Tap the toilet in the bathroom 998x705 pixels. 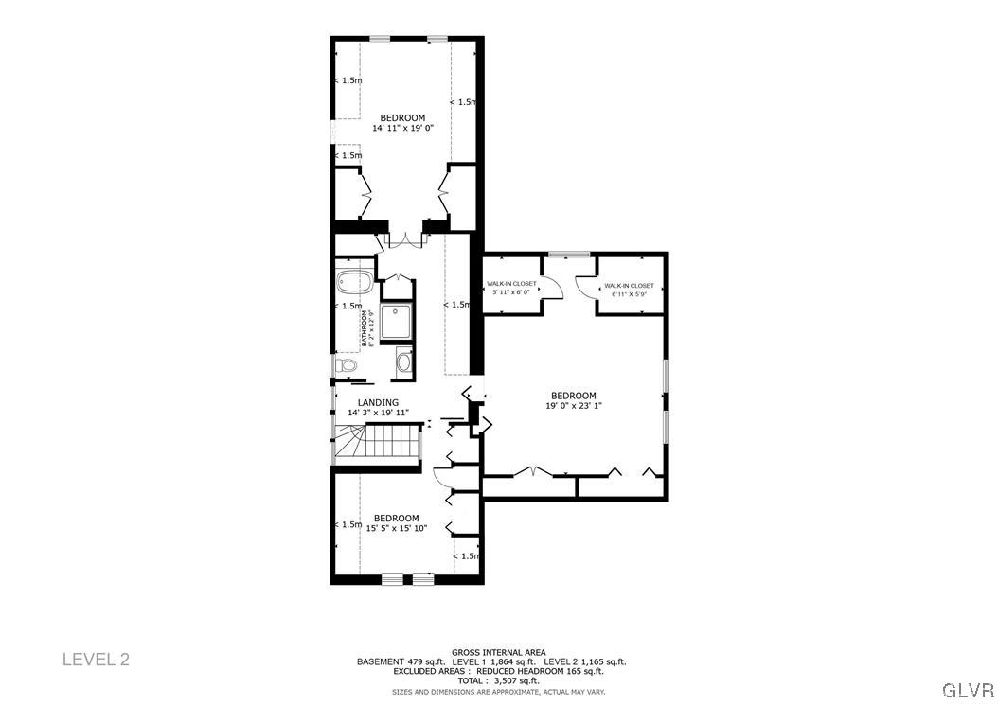click(x=346, y=364)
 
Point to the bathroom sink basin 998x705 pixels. click(x=404, y=361)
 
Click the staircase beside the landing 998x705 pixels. click(x=379, y=443)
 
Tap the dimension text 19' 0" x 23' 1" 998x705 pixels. click(x=574, y=406)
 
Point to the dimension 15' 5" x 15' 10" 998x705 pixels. click(x=396, y=528)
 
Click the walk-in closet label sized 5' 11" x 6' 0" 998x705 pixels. click(x=511, y=292)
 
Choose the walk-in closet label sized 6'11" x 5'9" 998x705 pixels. click(x=629, y=294)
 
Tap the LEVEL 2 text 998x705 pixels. click(x=96, y=659)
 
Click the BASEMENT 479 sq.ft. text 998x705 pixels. click(x=392, y=661)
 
